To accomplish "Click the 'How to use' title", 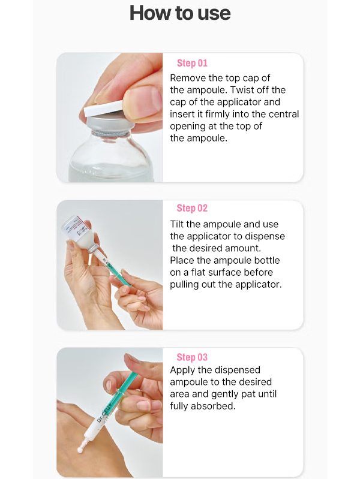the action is (x=180, y=13).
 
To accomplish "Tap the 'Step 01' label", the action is (x=192, y=63).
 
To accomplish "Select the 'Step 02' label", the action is (x=192, y=209).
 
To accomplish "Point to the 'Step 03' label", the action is (x=192, y=357).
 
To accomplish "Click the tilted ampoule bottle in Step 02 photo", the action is (x=79, y=232).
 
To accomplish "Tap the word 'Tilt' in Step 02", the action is (x=177, y=224).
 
